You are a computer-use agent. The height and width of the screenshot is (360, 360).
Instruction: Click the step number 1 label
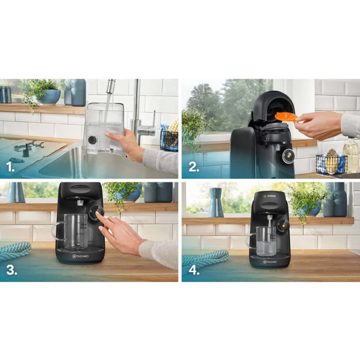(x=11, y=167)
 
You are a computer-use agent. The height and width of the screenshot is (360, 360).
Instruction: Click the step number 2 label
(x=193, y=167)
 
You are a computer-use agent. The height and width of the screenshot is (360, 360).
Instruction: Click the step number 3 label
(x=11, y=270)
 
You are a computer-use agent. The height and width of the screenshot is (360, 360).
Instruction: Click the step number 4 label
(x=194, y=270)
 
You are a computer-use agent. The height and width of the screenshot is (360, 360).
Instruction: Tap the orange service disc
(x=285, y=116)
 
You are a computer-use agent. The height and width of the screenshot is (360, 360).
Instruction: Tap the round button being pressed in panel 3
(x=95, y=213)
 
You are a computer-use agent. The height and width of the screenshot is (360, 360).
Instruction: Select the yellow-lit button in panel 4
(x=283, y=225)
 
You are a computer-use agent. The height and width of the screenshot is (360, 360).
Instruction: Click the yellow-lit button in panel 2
(x=288, y=156)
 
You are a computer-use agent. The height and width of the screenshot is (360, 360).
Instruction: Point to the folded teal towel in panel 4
(x=205, y=258)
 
